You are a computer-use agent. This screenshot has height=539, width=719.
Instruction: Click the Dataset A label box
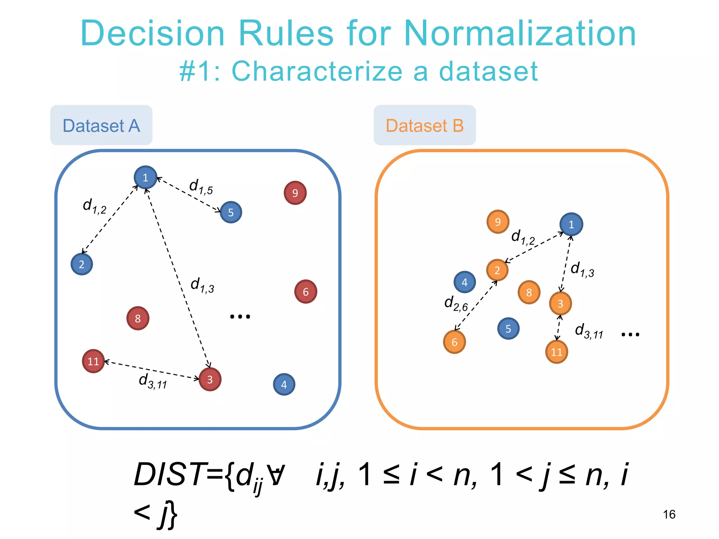101,125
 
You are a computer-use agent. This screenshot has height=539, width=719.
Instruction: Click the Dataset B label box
424,125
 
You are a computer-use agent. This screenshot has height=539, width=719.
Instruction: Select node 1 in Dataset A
145,177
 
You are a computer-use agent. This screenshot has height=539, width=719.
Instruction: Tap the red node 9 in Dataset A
295,193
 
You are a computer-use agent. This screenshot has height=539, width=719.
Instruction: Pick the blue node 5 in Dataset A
231,212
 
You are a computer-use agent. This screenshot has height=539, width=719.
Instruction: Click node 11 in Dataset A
93,361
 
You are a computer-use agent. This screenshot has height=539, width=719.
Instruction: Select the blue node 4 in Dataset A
284,384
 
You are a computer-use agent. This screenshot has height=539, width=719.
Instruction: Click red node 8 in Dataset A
138,318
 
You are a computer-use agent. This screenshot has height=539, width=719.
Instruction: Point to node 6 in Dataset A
305,292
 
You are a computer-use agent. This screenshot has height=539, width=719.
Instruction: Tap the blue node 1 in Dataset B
571,224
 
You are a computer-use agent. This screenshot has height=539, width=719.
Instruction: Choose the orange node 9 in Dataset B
498,222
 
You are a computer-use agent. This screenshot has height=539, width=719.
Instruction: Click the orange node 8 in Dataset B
529,292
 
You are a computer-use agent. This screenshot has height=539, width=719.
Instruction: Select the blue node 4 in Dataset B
464,282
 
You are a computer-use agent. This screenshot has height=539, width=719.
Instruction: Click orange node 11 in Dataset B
556,352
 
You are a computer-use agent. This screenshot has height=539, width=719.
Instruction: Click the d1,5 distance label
201,187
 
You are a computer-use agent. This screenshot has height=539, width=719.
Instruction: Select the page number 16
669,514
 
